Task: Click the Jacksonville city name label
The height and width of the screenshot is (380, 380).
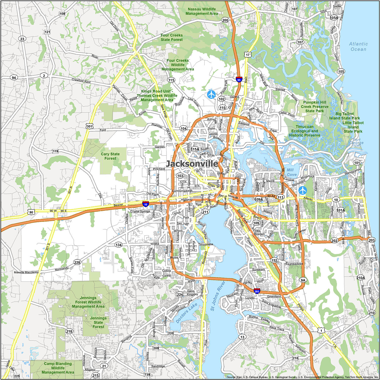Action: (x=192, y=164)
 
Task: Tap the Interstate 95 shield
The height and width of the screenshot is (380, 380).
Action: (x=239, y=80)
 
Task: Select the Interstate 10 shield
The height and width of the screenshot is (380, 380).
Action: (x=145, y=204)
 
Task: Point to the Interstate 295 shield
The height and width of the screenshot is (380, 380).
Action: (x=257, y=291)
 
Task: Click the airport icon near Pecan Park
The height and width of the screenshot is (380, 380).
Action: (x=211, y=94)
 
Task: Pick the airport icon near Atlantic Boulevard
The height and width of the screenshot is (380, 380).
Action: (x=302, y=190)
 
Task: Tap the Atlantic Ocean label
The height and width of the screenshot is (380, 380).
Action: (x=358, y=47)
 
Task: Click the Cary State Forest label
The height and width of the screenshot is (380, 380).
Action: (x=110, y=156)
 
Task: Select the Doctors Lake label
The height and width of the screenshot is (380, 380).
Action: (x=186, y=313)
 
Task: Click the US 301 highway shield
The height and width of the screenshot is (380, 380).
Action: (x=89, y=126)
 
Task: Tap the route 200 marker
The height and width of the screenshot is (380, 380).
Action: (x=225, y=20)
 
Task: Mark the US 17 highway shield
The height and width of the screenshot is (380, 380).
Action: (x=248, y=54)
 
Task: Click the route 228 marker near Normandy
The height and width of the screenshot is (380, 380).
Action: (x=77, y=262)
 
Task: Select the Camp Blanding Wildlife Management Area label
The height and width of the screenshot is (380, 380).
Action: (x=58, y=368)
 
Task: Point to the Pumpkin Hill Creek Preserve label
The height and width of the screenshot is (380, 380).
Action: (x=314, y=106)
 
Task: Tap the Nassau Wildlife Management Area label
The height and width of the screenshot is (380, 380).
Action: (x=202, y=11)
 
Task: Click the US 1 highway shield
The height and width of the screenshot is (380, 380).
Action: (x=321, y=330)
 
